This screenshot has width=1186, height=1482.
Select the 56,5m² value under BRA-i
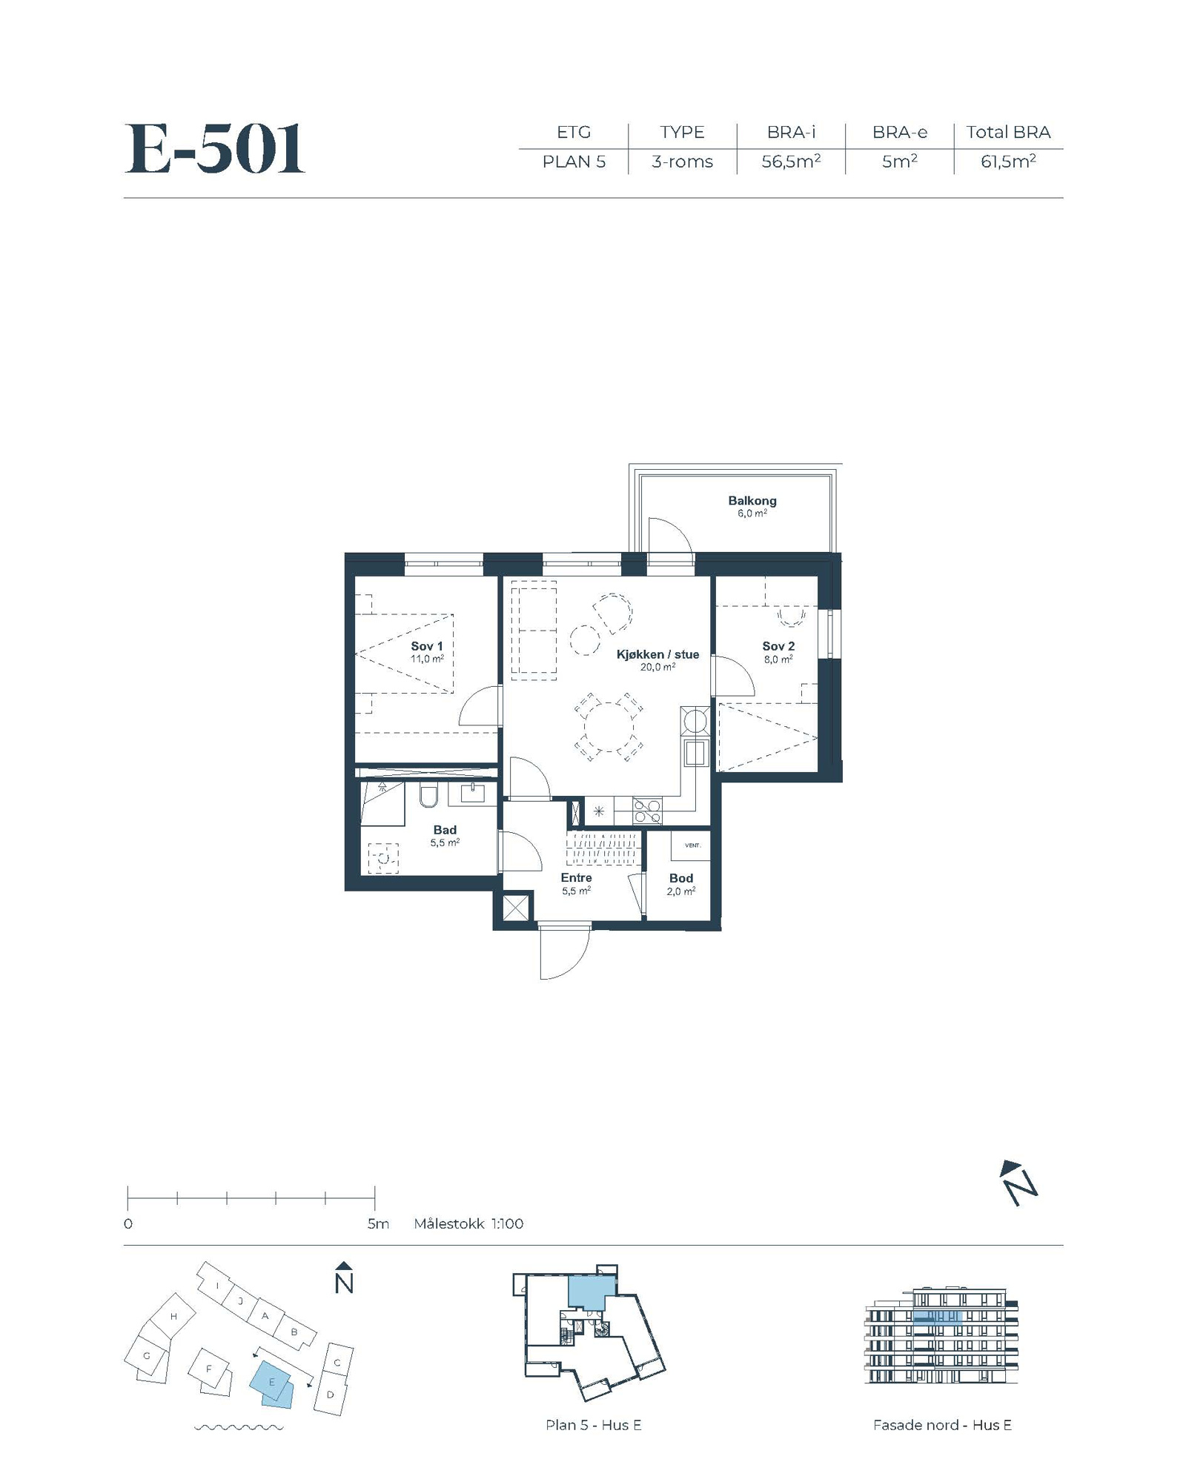[x=791, y=161]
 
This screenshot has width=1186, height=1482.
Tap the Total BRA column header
[x=1008, y=132]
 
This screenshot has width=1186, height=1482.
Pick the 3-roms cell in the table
[x=682, y=162]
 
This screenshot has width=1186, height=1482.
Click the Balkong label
[x=752, y=501]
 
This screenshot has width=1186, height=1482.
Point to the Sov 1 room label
[x=427, y=646]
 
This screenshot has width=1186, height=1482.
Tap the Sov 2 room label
[x=778, y=646]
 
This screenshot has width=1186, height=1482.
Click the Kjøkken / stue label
[x=658, y=654]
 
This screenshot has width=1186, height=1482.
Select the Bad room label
[x=445, y=830]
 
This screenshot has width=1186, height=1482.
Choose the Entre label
[x=576, y=878]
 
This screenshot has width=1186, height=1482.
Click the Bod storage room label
[x=681, y=878]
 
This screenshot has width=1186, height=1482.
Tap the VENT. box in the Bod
[x=691, y=845]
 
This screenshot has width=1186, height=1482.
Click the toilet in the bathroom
[x=429, y=795]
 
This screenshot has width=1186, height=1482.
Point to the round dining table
[x=609, y=728]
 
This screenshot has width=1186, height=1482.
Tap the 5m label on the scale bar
[x=378, y=1223]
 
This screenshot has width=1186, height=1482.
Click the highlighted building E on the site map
[x=272, y=1383]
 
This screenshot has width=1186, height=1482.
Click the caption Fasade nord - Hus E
[x=942, y=1425]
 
